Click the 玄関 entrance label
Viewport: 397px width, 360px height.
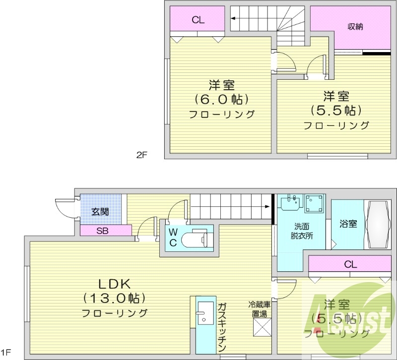100,212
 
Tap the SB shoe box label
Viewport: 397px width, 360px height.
103,231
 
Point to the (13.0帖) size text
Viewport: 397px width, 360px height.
114,299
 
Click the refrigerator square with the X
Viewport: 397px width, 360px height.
261,328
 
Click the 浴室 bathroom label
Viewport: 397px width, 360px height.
348,224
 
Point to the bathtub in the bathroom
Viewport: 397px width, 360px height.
380,224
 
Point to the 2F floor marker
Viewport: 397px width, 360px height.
142,155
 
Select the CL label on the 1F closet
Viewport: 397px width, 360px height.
351,264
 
